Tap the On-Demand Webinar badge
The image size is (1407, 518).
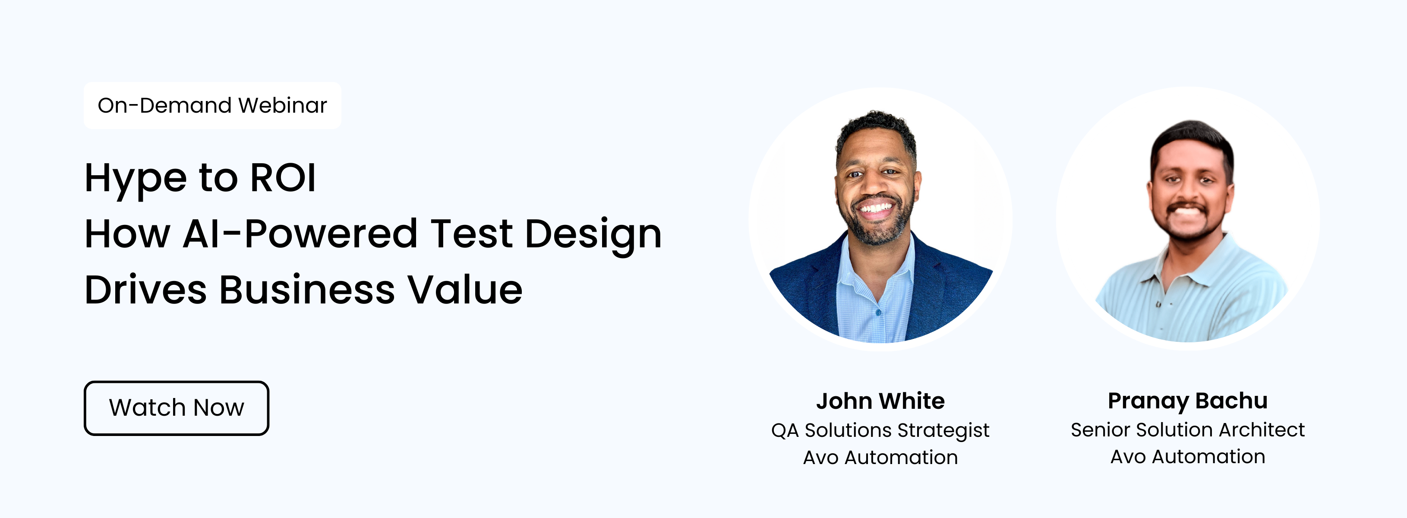point(212,105)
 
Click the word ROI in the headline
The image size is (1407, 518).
point(283,177)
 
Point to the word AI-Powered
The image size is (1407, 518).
point(300,234)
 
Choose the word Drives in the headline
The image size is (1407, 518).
point(146,289)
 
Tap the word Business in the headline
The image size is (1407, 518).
point(307,289)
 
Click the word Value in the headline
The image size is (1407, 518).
point(465,289)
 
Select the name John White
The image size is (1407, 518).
point(880,401)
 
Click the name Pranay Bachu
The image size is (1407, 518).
point(1188,401)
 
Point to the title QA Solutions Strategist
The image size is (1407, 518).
point(880,430)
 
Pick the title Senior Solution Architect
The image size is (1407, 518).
point(1188,430)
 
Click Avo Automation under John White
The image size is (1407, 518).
point(880,457)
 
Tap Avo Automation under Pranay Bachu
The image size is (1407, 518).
point(1188,457)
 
